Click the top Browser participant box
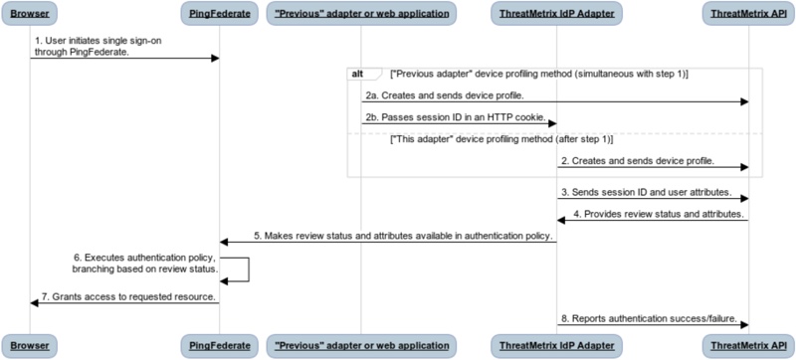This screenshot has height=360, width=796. [30, 13]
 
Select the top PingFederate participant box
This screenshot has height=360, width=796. [219, 13]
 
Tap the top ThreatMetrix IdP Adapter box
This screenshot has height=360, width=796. [556, 13]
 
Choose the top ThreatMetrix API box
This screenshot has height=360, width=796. [748, 13]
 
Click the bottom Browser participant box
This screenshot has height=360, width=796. [30, 345]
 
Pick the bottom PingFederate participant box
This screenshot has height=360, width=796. [219, 345]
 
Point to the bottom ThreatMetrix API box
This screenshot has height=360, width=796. [748, 345]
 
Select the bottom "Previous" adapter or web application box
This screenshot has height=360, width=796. [362, 345]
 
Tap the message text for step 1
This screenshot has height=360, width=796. [83, 46]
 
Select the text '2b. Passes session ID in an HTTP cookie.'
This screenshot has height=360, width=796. [455, 117]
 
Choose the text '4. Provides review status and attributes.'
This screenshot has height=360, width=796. [662, 213]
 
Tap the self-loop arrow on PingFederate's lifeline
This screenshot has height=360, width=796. [242, 269]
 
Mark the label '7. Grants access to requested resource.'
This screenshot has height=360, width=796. [127, 296]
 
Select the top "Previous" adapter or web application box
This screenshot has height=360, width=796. [362, 13]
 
